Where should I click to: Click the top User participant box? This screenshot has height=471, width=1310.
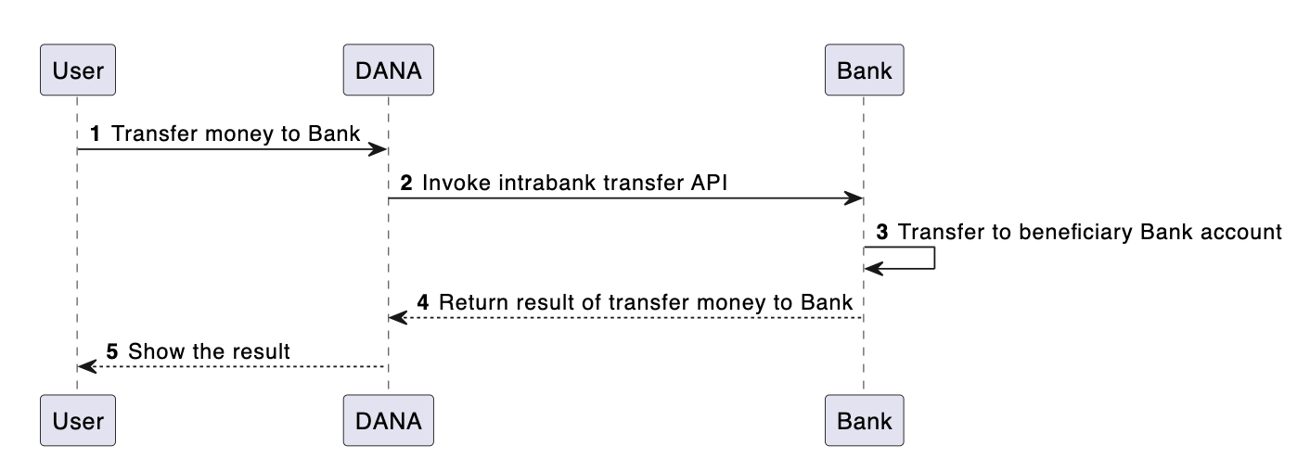pyautogui.click(x=78, y=70)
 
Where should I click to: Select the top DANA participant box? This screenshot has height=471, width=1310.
pyautogui.click(x=388, y=70)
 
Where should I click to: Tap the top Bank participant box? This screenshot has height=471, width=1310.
pyautogui.click(x=864, y=70)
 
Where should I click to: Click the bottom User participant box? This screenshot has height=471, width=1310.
pyautogui.click(x=78, y=421)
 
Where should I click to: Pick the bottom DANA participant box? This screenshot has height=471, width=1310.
pyautogui.click(x=388, y=421)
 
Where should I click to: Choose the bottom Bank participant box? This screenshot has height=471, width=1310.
pyautogui.click(x=864, y=421)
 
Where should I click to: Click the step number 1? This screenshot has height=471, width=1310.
pyautogui.click(x=95, y=134)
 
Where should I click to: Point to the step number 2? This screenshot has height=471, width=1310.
pyautogui.click(x=405, y=184)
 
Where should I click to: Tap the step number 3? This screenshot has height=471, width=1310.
pyautogui.click(x=882, y=233)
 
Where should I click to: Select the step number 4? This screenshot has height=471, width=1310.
pyautogui.click(x=423, y=302)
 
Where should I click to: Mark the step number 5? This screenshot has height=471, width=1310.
pyautogui.click(x=112, y=351)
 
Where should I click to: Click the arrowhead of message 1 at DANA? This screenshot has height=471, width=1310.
pyautogui.click(x=379, y=149)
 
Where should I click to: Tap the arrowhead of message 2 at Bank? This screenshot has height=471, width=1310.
pyautogui.click(x=854, y=198)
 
